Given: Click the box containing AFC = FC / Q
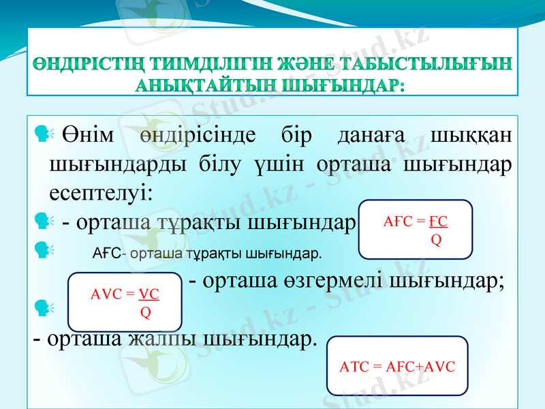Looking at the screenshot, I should coord(415,229).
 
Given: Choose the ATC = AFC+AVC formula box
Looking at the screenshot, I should coord(396,365).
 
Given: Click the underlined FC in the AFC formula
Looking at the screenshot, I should coord(440,222).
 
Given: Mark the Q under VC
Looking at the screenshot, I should coord(145,312).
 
